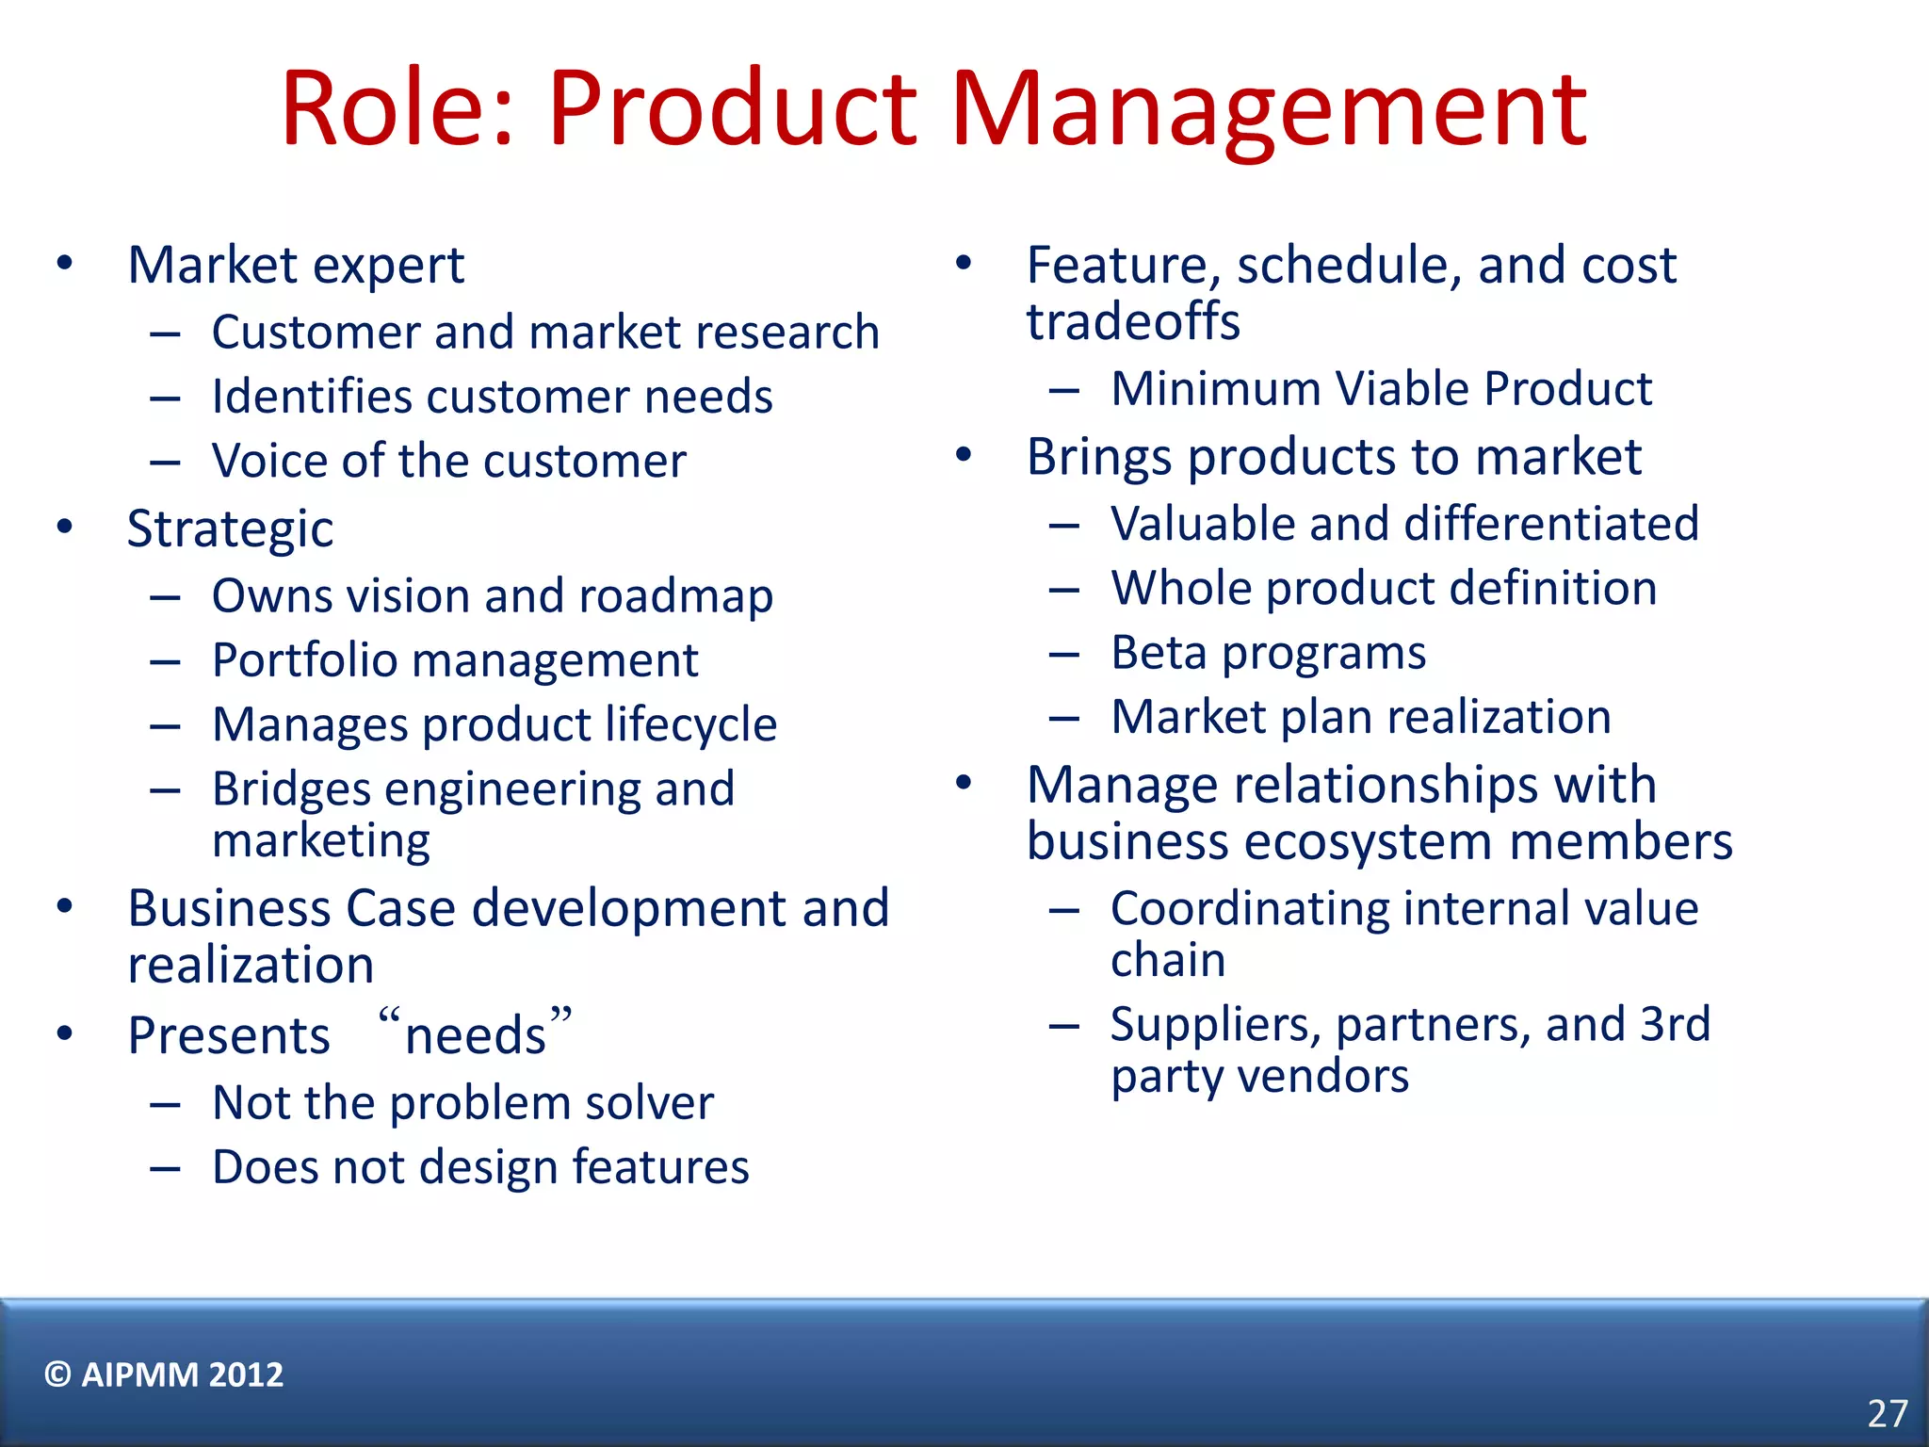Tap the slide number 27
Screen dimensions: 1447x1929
click(1887, 1413)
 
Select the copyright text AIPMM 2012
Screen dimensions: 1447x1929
click(164, 1374)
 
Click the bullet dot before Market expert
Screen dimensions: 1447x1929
click(64, 263)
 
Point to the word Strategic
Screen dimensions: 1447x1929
click(230, 528)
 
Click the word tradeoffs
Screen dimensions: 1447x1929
click(1133, 321)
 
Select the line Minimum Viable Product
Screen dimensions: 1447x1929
click(1381, 388)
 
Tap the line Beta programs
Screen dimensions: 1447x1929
click(1268, 653)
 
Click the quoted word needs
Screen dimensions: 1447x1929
click(476, 1034)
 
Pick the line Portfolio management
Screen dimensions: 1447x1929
click(455, 659)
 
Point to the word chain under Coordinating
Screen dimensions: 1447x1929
click(1168, 960)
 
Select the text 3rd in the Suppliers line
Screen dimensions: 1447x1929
click(1675, 1024)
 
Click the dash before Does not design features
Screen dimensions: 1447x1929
click(165, 1168)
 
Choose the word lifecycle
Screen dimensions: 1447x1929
click(690, 724)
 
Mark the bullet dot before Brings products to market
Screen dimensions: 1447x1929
click(963, 455)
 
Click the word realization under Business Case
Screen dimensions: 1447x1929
click(251, 965)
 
